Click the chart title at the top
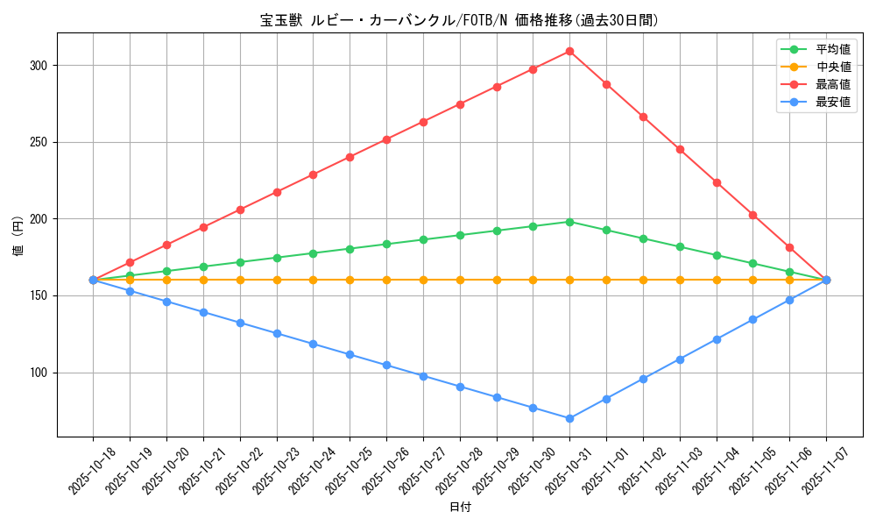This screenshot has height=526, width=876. (459, 20)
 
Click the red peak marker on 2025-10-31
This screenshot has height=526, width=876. (569, 51)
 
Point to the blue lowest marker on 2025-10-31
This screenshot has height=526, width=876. (569, 418)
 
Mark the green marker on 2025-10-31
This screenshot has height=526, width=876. (569, 222)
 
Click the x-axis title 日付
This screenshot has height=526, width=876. (459, 508)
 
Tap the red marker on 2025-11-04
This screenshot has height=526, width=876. (717, 182)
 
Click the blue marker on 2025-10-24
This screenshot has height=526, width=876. (313, 344)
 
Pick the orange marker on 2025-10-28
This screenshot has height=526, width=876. (460, 280)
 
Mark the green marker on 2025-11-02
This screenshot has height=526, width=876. (643, 238)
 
